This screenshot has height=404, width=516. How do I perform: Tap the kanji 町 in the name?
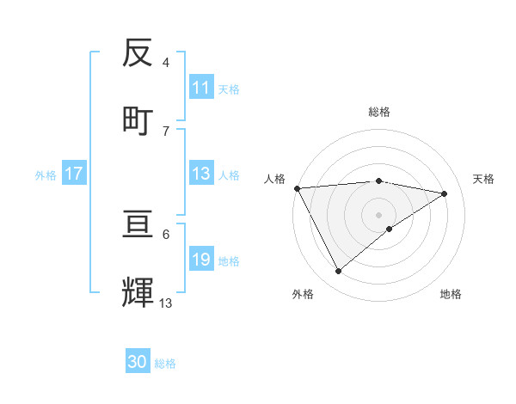click(138, 119)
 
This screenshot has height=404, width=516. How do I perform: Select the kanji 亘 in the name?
click(138, 226)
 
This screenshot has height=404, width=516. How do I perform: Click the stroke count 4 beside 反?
click(166, 63)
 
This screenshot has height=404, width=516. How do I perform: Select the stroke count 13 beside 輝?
click(166, 303)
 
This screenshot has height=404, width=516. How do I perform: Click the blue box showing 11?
click(201, 88)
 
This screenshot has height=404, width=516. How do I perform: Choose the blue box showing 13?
click(201, 174)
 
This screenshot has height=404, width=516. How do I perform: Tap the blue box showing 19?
click(201, 260)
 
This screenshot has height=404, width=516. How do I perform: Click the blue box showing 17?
click(74, 174)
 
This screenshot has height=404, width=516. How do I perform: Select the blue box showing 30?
click(138, 362)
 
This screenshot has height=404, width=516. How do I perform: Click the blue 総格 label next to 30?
click(165, 364)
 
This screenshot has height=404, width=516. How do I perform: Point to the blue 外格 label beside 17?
click(46, 174)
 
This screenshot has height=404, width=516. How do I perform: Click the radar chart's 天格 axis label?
click(484, 179)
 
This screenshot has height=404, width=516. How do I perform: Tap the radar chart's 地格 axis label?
click(451, 294)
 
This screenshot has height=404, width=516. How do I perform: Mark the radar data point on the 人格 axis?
click(297, 188)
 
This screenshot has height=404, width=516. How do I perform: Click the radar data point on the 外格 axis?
click(338, 272)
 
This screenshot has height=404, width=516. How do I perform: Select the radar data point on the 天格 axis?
click(445, 193)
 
